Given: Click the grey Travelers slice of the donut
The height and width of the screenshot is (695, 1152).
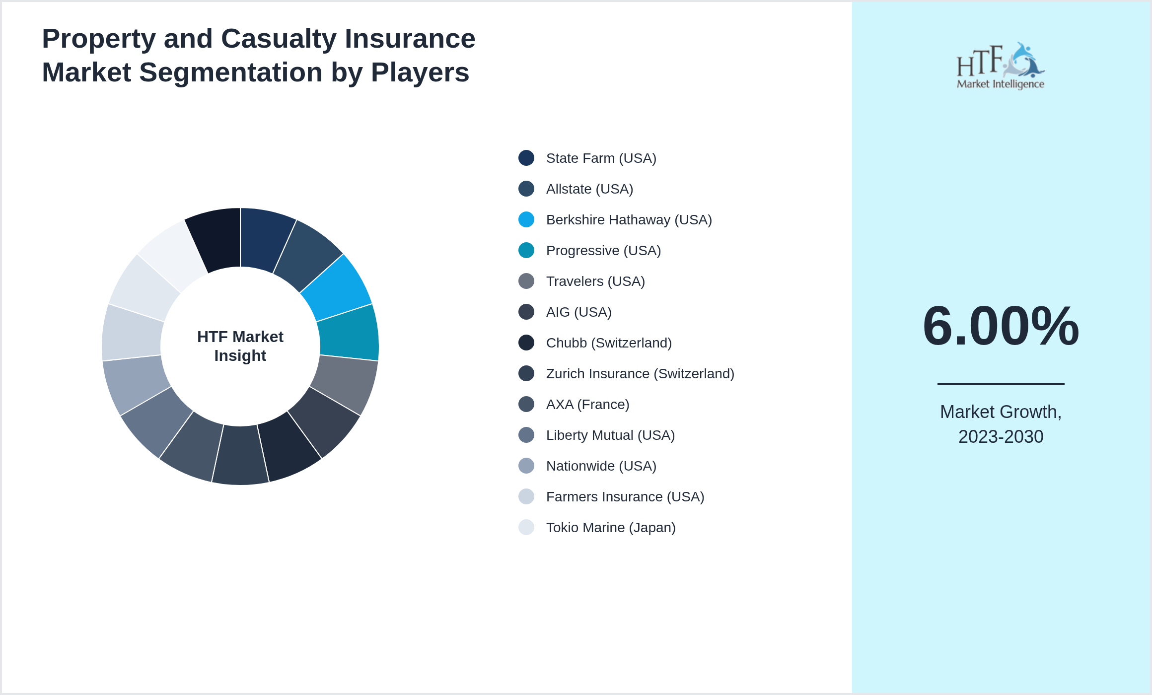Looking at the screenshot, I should point(345,382).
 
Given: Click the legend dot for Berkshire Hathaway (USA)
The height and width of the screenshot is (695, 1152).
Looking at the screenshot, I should point(526,219).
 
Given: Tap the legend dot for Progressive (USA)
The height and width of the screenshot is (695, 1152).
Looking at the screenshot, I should point(526,250).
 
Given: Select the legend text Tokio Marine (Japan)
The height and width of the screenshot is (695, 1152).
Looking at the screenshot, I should point(610,527).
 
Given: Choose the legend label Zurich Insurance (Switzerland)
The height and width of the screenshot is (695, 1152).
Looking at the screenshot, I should point(640,373).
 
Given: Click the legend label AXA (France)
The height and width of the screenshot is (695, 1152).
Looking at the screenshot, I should point(587,404).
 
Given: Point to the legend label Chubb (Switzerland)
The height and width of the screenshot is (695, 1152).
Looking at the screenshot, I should point(608,343).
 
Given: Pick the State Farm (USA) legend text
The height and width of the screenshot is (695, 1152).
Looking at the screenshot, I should point(601,158).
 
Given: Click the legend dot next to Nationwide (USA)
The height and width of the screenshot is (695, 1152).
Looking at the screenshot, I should point(526,466).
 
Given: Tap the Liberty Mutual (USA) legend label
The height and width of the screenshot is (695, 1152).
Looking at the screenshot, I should point(610,435).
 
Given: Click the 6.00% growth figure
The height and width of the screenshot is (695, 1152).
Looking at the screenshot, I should point(1001,326).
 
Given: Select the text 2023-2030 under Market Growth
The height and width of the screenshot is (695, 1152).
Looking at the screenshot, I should point(1001,437).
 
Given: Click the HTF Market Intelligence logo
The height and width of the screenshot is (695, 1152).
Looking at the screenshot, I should point(1001,66).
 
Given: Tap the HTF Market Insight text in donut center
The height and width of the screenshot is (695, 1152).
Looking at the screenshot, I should point(240,346).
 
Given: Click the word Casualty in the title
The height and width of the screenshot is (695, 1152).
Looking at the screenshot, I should point(279,39).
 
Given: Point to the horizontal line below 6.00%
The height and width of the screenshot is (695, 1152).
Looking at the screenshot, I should point(1001,384).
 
